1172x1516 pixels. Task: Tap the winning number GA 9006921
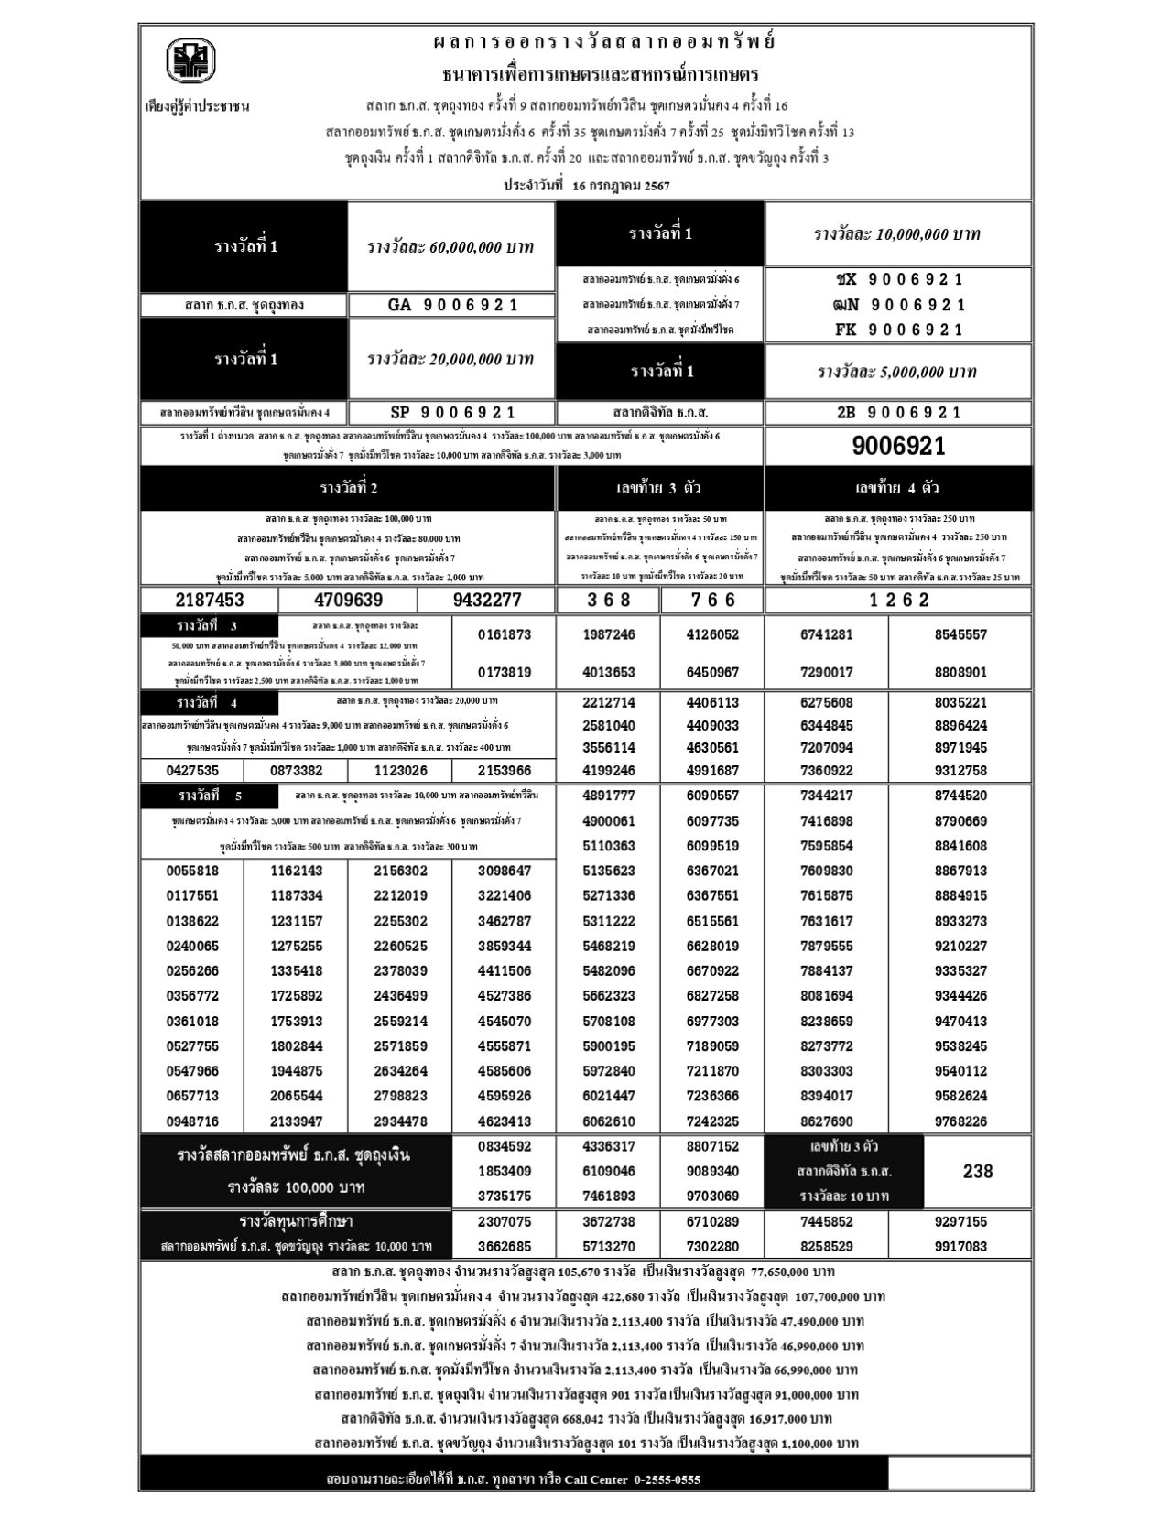[452, 305]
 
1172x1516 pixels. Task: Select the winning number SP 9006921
[452, 413]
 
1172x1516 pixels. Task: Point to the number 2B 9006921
[898, 413]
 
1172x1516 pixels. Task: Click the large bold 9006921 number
[898, 447]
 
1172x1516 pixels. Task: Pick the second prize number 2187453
[209, 601]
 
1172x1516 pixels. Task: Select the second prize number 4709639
[348, 601]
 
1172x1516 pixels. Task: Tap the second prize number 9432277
[486, 601]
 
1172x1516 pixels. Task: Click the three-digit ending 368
[608, 601]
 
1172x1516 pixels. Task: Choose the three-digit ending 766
[712, 601]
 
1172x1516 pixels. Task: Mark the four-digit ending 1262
[898, 601]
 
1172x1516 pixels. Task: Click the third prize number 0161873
[505, 634]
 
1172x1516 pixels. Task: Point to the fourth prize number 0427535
[192, 771]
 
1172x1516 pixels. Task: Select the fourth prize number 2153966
[505, 771]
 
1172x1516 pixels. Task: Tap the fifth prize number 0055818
[192, 871]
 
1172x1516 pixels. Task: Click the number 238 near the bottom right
[978, 1171]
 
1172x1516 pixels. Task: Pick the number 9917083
[960, 1246]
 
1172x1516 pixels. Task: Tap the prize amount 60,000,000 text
[450, 247]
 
